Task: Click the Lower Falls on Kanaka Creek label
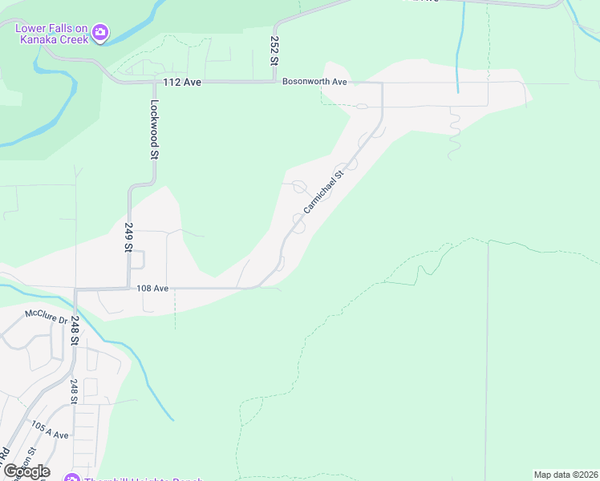52,32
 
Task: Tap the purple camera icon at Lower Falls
100,33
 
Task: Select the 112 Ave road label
180,82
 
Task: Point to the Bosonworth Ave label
314,82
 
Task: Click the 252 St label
274,51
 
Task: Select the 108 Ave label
152,288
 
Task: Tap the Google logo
26,471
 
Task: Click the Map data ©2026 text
566,475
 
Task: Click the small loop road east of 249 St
137,260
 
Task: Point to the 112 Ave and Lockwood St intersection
152,82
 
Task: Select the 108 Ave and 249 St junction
128,288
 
